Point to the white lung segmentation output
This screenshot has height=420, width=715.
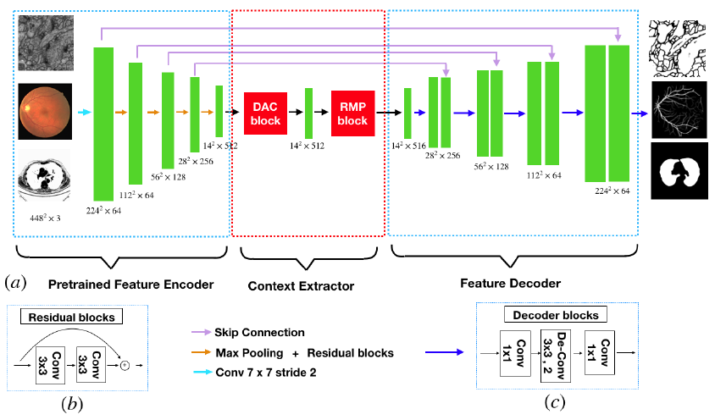tap(680, 170)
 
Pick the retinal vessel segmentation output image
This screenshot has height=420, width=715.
tap(680, 110)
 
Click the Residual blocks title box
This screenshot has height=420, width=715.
tap(73, 317)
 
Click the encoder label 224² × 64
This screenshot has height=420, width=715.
tap(104, 209)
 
